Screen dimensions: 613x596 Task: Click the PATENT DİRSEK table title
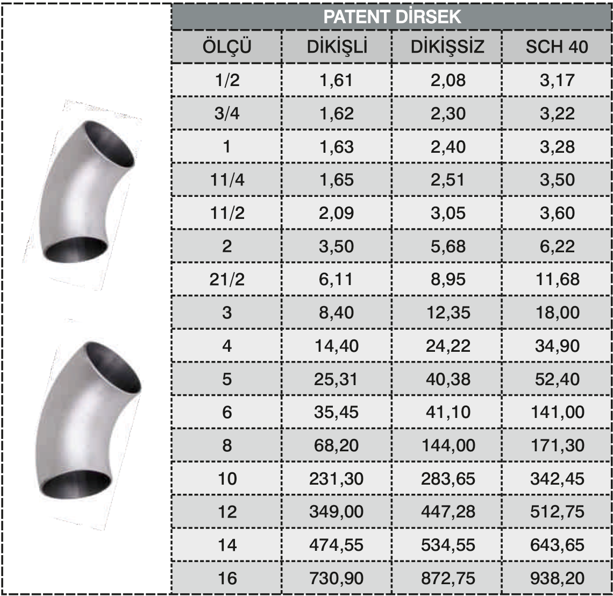(392, 17)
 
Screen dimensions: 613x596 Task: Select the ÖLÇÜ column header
(227, 47)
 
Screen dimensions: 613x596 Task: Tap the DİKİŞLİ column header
(337, 47)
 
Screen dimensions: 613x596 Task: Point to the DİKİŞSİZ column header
(447, 47)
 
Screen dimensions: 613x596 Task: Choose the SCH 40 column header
(557, 47)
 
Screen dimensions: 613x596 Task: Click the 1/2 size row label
(227, 80)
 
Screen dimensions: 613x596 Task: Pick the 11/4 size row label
(227, 180)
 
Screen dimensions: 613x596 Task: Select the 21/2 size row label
(227, 279)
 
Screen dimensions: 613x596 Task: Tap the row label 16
(227, 578)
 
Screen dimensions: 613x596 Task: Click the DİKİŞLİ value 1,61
(336, 80)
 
